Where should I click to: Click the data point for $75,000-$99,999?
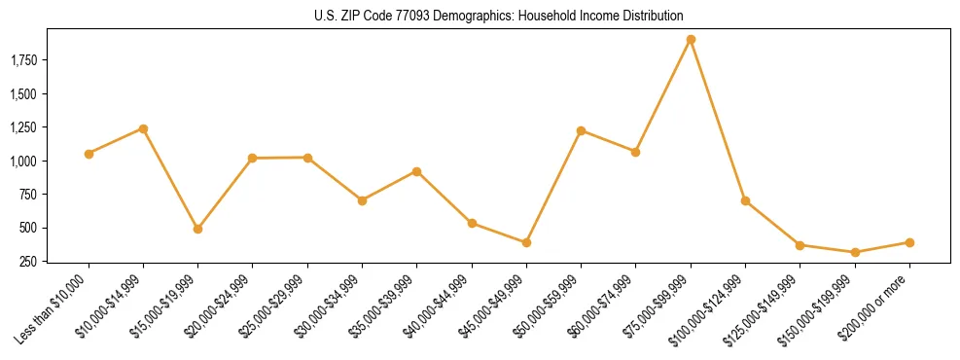[691, 40]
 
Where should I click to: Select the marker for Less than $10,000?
[89, 154]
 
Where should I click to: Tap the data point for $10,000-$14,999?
[143, 128]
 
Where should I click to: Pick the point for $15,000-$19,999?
[197, 230]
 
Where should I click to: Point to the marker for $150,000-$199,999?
[855, 253]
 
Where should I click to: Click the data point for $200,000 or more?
[909, 242]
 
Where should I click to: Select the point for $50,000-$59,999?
[581, 130]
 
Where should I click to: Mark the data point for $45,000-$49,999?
[526, 242]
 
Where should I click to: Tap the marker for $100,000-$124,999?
[745, 200]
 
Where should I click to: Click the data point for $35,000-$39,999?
[416, 171]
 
